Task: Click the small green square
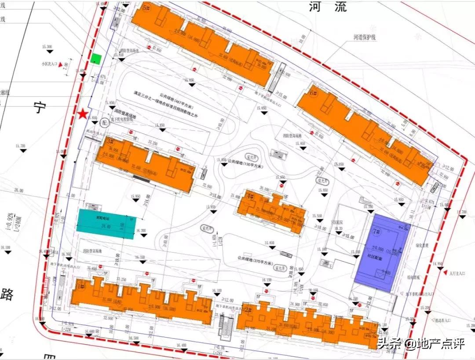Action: [x=96, y=59]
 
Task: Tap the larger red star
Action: [x=82, y=114]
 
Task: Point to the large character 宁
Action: [x=40, y=107]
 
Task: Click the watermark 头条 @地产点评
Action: [x=421, y=343]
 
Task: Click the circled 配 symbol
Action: [x=104, y=122]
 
